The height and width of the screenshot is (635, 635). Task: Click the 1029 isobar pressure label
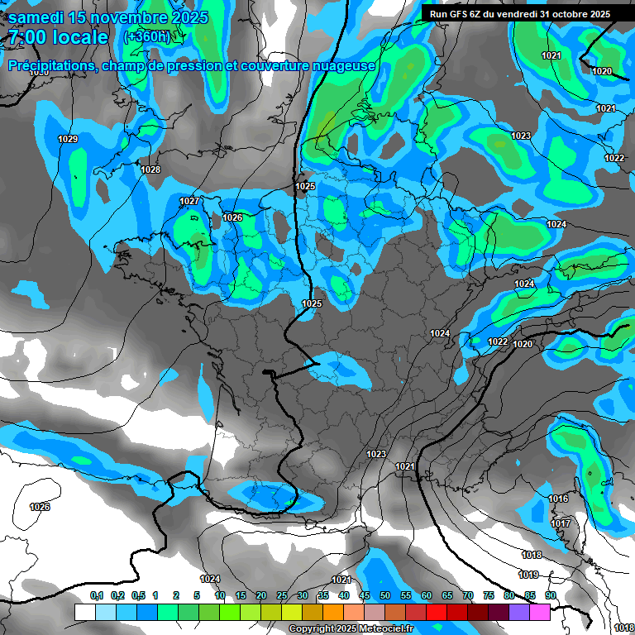[68, 139]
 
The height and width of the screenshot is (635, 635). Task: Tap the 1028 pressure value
[150, 169]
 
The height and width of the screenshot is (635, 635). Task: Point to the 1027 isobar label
[189, 201]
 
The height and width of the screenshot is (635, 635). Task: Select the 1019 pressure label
[528, 575]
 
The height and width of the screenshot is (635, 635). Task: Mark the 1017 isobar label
[561, 523]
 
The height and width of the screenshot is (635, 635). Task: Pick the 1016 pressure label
[558, 499]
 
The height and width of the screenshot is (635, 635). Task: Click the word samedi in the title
[41, 17]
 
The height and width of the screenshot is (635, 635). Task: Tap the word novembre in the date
[122, 17]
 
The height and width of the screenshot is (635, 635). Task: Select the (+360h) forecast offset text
[146, 36]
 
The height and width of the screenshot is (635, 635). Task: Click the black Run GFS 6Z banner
[520, 13]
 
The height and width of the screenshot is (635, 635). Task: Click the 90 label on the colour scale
[550, 595]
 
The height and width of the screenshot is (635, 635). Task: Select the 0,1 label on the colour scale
[96, 595]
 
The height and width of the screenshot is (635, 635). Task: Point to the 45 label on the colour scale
[365, 595]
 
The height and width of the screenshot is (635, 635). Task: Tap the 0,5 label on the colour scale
[138, 595]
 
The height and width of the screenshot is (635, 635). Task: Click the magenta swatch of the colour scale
[540, 612]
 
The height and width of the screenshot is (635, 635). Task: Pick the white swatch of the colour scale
[85, 612]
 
